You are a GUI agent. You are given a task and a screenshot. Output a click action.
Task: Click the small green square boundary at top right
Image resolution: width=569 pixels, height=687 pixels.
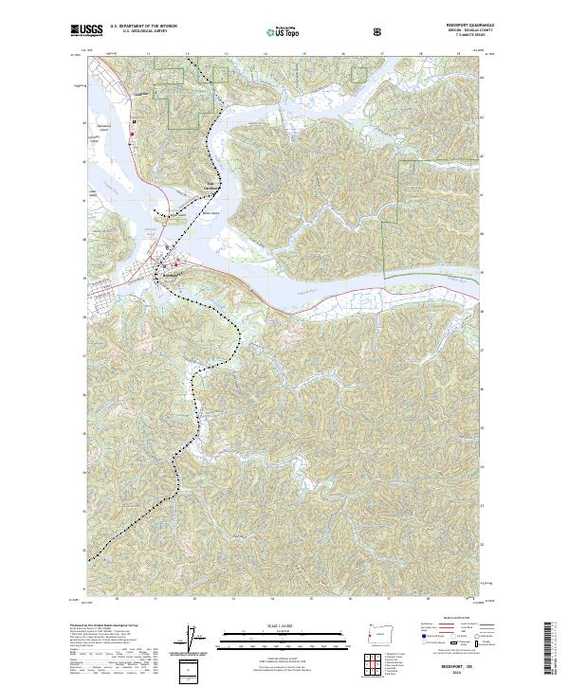(x=359, y=74)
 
